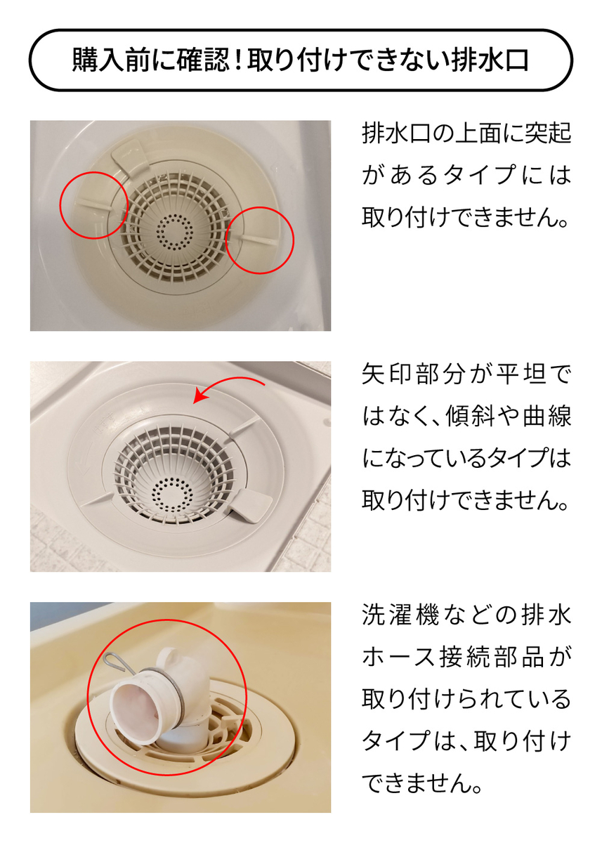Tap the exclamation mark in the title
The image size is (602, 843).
point(237,60)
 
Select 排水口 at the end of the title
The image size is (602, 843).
point(490,60)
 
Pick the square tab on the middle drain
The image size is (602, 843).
point(251,504)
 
